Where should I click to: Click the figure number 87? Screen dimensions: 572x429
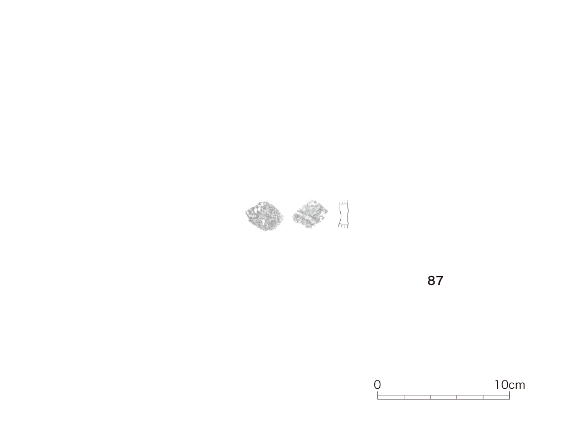[435, 280]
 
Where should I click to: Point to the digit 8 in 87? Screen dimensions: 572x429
[431, 280]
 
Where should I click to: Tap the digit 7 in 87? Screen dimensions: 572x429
[440, 280]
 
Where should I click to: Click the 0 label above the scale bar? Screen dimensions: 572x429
[377, 384]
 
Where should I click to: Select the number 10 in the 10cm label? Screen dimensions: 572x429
[501, 384]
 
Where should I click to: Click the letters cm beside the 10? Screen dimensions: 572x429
[517, 385]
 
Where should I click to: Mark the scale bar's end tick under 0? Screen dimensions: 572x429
[378, 395]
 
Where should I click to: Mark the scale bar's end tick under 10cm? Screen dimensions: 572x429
[509, 395]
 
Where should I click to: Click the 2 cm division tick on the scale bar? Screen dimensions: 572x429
[404, 397]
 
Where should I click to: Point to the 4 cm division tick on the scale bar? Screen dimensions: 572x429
[431, 397]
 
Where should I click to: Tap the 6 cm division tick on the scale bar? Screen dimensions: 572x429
[457, 397]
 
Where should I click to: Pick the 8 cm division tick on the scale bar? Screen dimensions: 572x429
[483, 397]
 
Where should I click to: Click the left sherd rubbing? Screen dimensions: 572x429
[264, 216]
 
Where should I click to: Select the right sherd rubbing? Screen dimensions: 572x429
[310, 214]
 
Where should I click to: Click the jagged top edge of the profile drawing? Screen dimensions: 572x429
[344, 202]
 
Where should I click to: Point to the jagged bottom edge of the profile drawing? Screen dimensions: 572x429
[344, 226]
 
